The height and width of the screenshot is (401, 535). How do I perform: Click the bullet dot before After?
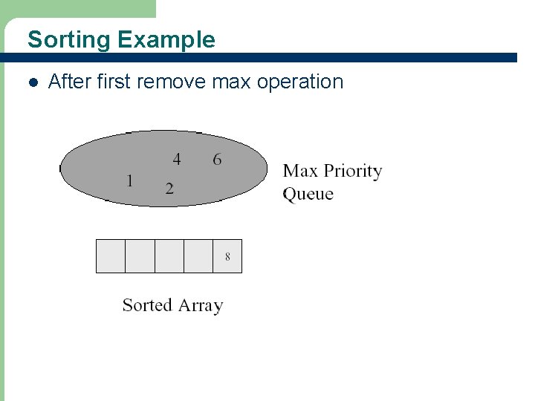coord(32,82)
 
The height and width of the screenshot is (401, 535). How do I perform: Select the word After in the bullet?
coord(69,82)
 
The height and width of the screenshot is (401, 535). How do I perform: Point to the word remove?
coord(172,82)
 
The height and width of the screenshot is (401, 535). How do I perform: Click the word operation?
coord(299,82)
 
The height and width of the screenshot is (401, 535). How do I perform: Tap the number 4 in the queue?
coord(177,159)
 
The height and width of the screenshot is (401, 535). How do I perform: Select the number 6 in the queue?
coord(217,159)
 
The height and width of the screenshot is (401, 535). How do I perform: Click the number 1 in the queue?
coord(130,180)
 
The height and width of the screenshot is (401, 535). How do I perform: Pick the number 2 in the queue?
coord(169,188)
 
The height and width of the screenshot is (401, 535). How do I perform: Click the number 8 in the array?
coord(227,256)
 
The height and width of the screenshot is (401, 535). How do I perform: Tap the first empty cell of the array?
coord(111,256)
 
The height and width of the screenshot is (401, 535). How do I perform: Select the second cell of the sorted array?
coord(140,256)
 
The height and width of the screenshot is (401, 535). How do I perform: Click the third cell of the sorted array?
coord(169,256)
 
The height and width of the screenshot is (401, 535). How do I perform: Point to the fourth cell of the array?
coord(198,256)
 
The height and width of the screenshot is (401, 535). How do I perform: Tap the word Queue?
coord(308,195)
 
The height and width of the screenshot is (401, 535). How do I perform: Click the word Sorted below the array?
coord(147,305)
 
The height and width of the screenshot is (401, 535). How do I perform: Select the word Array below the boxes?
coord(200,305)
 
